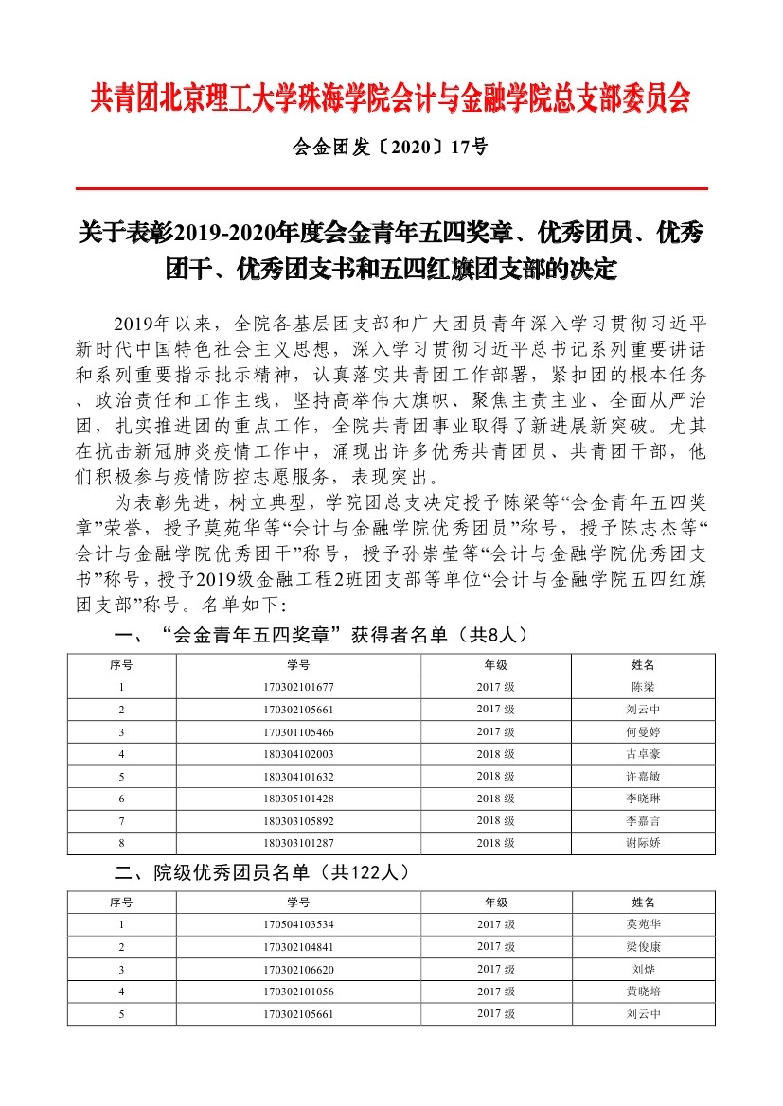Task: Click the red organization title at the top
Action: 391,98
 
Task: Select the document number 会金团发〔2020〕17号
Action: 391,148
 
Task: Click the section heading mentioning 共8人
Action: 322,635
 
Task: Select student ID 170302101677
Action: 298,688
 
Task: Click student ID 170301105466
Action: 298,732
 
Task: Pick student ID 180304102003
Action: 298,754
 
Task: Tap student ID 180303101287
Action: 298,842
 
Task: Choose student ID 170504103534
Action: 298,925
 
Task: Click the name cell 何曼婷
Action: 643,732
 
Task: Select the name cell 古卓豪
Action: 643,754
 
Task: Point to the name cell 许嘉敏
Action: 643,777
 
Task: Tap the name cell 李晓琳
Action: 643,799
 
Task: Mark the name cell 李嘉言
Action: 643,820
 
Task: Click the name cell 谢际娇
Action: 643,842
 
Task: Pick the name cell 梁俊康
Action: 643,947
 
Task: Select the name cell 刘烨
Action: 643,970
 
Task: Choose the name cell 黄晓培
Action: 643,992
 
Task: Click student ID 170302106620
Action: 298,970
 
